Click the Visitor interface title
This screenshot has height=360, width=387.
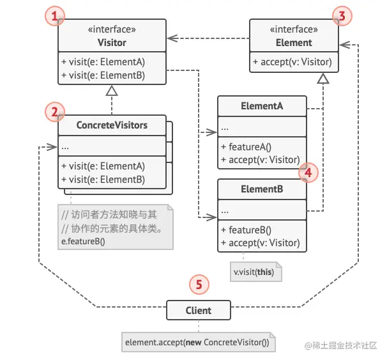coord(112,43)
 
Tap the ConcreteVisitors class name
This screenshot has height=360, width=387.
coord(112,125)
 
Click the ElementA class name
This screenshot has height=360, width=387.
coord(262,106)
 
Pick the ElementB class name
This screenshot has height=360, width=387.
coord(262,189)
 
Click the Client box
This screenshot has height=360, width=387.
coord(198,311)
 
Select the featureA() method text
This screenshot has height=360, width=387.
coord(243,147)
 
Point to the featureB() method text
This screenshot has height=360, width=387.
coord(243,230)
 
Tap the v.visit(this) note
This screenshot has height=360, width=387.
coord(257,271)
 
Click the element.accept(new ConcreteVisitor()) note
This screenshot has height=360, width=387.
coord(197,342)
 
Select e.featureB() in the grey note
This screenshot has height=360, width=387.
coord(82,240)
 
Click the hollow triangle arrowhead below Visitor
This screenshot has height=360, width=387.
coord(112,92)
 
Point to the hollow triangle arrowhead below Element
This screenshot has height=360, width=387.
coord(324,79)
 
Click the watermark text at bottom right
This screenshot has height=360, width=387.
coord(344,346)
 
